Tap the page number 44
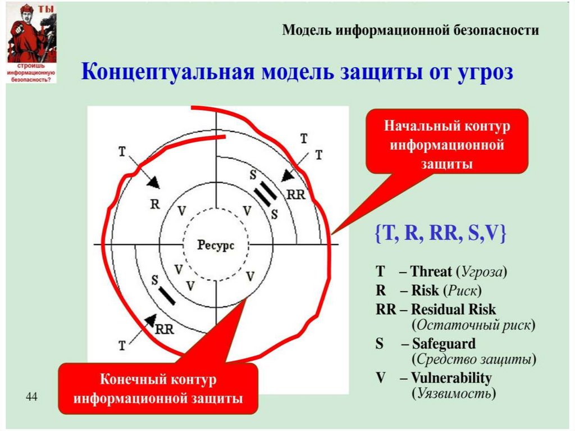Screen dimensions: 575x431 tap(31, 398)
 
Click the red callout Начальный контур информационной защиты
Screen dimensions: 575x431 tap(447, 141)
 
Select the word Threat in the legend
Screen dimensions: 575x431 tap(431, 273)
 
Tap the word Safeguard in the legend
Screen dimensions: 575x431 tap(444, 343)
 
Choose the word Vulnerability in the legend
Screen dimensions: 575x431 tap(451, 378)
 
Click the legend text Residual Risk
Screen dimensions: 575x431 tap(454, 309)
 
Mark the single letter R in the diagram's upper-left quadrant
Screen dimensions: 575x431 tap(155, 203)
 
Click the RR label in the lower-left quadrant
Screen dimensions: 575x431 tap(164, 330)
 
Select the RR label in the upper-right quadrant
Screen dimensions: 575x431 tap(295, 194)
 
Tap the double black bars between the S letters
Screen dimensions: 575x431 tap(264, 194)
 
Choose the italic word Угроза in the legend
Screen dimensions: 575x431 tap(482, 273)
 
